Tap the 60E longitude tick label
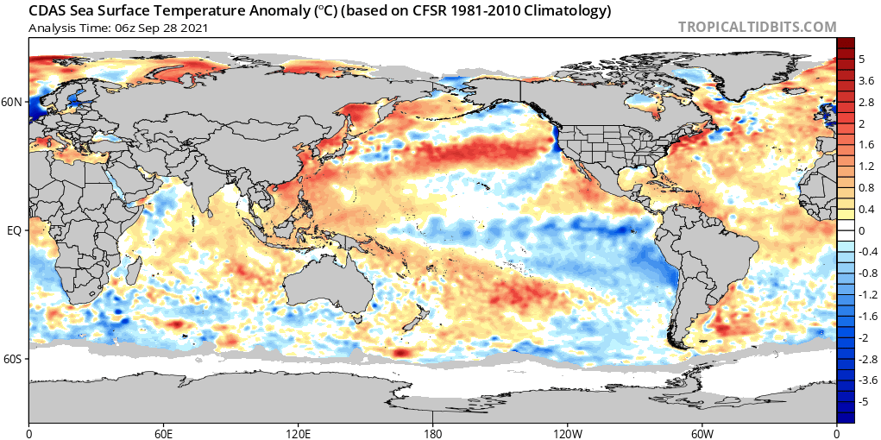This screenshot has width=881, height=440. [163, 434]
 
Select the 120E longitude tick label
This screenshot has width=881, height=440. [299, 434]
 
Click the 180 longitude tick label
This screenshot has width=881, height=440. [432, 434]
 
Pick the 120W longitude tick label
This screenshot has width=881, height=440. [568, 434]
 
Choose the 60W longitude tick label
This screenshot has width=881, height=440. [702, 434]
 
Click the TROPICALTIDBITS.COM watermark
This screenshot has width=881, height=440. [758, 27]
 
